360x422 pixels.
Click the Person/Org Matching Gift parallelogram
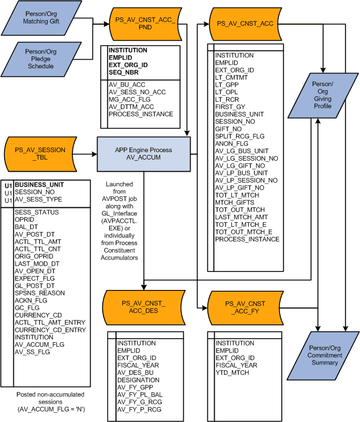pyautogui.click(x=49, y=18)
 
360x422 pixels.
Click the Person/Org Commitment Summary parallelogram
pyautogui.click(x=325, y=354)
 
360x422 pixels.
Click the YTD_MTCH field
pyautogui.click(x=233, y=373)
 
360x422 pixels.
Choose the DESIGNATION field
pyautogui.click(x=138, y=380)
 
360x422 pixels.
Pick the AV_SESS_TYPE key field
pyautogui.click(x=39, y=200)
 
